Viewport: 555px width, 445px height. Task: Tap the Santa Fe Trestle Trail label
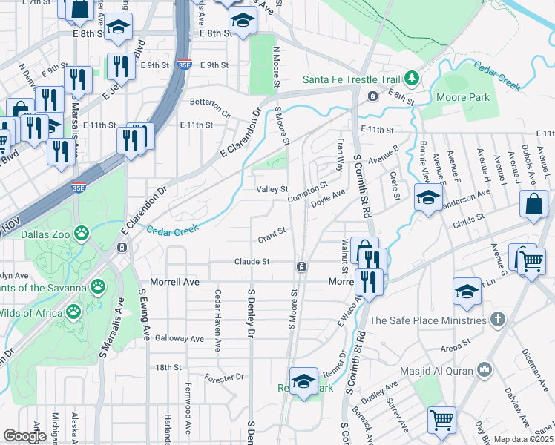tap(352, 79)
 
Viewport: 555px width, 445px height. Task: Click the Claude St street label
tap(252, 262)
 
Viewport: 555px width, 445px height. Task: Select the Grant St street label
tap(272, 239)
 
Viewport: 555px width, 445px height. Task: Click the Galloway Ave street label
tap(179, 338)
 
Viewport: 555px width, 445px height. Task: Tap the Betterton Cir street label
tap(211, 116)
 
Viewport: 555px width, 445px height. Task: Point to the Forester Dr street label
tap(224, 377)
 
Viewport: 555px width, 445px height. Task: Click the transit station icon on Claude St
tap(302, 266)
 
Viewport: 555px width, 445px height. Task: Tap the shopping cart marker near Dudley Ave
tap(442, 419)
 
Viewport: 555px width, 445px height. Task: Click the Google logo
tap(24, 436)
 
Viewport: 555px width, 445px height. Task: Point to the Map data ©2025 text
tap(524, 439)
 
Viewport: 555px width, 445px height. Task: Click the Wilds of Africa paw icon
tap(75, 313)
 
